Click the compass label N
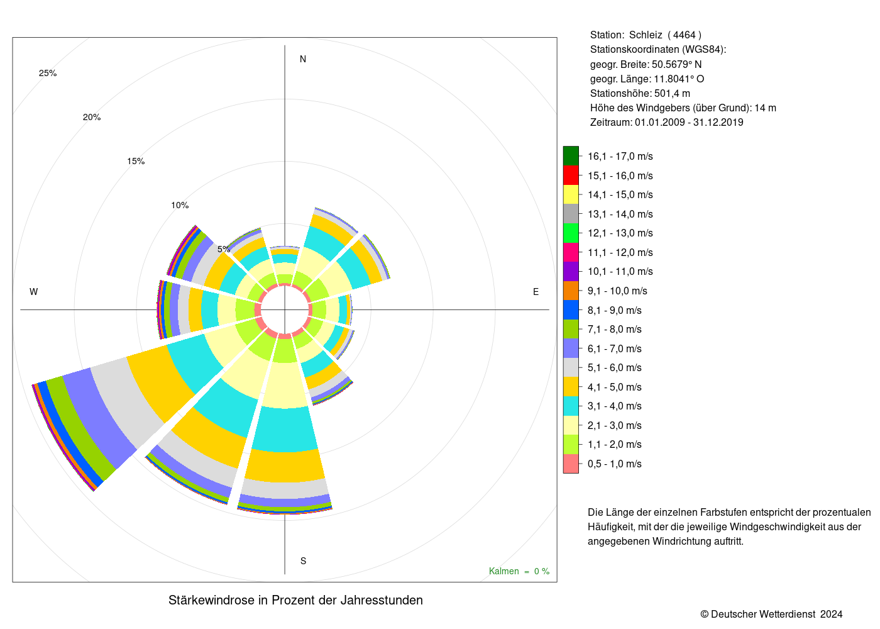click(x=302, y=59)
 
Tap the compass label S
click(x=303, y=561)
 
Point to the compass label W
click(x=34, y=292)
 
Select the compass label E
click(x=536, y=292)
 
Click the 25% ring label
click(x=48, y=73)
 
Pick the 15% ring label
click(x=136, y=161)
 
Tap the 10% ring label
click(x=180, y=205)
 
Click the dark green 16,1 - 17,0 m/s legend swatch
click(x=571, y=156)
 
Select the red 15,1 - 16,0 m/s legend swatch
click(x=571, y=175)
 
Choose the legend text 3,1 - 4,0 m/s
click(x=615, y=406)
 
